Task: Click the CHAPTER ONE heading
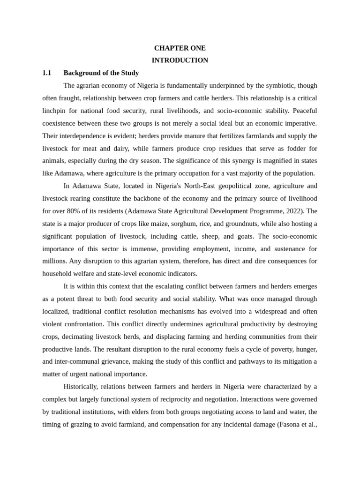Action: tap(180, 48)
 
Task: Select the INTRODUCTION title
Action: tap(180, 60)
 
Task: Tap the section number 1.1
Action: tap(46, 73)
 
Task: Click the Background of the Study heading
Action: tap(101, 73)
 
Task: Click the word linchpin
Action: tap(54, 111)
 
